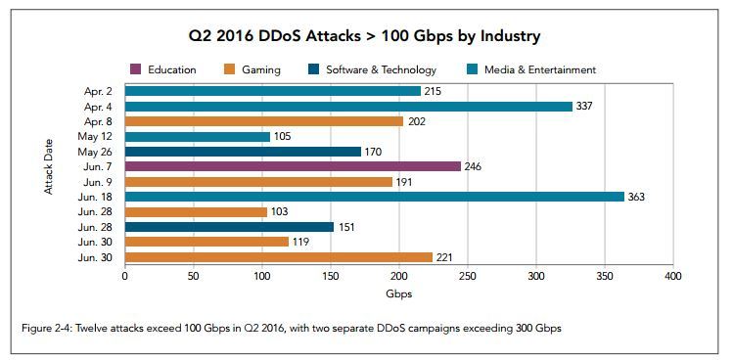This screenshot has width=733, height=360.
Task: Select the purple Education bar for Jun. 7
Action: pyautogui.click(x=293, y=166)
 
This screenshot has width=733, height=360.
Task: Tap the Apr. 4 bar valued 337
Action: pyautogui.click(x=347, y=106)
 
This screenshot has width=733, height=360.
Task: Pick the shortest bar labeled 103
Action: pyautogui.click(x=196, y=211)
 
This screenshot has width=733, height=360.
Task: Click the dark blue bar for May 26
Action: pyautogui.click(x=243, y=152)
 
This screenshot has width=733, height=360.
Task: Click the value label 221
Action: pyautogui.click(x=443, y=257)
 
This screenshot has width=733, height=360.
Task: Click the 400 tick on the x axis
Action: pyautogui.click(x=672, y=277)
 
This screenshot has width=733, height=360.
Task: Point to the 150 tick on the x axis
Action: pyautogui.click(x=330, y=277)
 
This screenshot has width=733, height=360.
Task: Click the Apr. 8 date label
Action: pyautogui.click(x=99, y=121)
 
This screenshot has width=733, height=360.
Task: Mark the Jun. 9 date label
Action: pyautogui.click(x=99, y=182)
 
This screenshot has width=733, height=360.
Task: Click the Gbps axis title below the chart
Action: pyautogui.click(x=397, y=293)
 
